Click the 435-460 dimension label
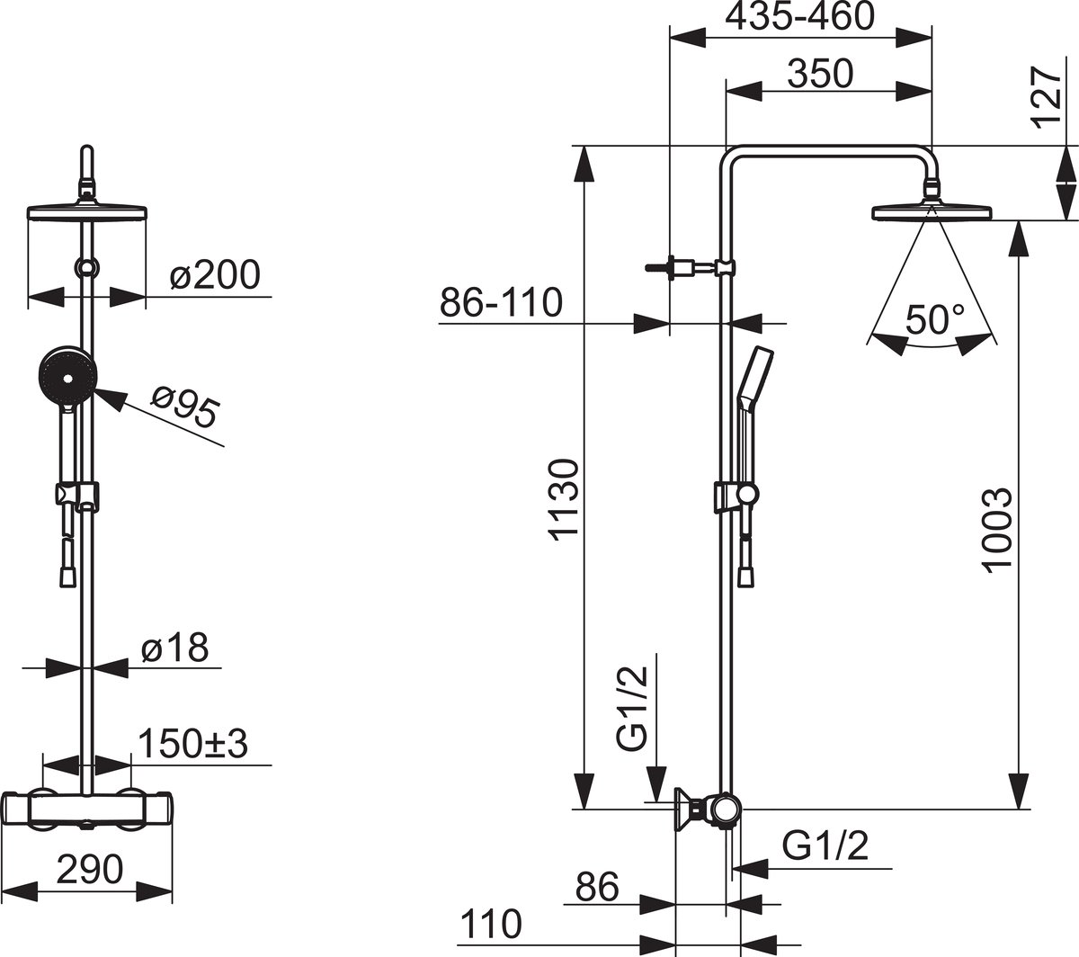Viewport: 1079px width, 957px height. click(x=800, y=16)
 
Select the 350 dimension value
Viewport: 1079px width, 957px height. click(x=820, y=74)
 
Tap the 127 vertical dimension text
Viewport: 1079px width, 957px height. click(x=1047, y=98)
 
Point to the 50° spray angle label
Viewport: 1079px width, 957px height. click(x=934, y=318)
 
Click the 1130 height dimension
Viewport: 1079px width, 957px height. click(x=563, y=500)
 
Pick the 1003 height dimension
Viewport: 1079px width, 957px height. click(x=997, y=530)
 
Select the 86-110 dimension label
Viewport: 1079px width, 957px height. click(x=501, y=302)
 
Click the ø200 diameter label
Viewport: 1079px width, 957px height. click(x=215, y=275)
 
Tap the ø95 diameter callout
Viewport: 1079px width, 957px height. click(x=185, y=407)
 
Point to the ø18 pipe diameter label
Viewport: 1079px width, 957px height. click(x=175, y=648)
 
